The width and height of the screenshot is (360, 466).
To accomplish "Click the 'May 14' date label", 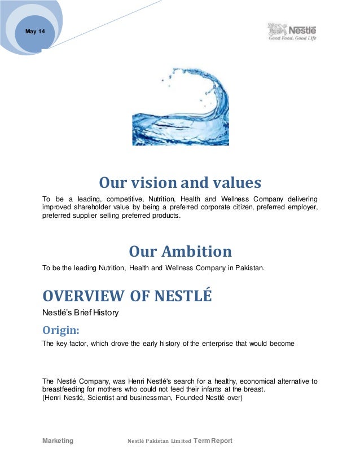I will [35, 31].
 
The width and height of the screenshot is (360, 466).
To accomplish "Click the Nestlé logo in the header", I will [291, 32].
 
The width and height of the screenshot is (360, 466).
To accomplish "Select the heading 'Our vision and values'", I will [180, 183].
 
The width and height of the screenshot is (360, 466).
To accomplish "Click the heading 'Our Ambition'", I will [180, 251].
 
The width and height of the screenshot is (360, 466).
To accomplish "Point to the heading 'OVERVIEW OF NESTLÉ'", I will [128, 296].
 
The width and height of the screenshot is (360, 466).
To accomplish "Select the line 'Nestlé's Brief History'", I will [81, 312].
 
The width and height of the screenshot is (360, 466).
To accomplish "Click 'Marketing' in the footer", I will [58, 441].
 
